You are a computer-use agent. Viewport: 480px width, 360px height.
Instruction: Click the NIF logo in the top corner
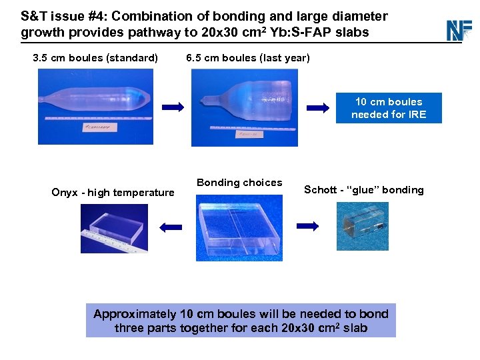[459, 30]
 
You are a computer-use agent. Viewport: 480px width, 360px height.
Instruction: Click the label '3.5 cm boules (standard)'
[95, 58]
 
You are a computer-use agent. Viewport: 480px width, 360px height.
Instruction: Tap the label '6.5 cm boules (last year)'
[248, 58]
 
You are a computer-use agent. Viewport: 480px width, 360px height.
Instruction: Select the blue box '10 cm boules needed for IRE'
[389, 108]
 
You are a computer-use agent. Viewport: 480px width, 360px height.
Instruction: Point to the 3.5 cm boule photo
[95, 106]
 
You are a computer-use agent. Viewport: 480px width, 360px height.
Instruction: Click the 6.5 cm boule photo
[244, 107]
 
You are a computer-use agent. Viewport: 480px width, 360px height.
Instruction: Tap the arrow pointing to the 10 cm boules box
[319, 107]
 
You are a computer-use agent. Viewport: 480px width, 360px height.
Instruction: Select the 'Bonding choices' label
[239, 183]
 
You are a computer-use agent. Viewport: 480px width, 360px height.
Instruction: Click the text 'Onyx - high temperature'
[113, 193]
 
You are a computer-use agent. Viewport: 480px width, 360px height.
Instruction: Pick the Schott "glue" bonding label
[363, 190]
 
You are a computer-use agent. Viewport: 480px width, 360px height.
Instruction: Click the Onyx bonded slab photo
[114, 228]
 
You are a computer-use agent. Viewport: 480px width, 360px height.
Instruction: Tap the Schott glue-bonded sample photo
[362, 226]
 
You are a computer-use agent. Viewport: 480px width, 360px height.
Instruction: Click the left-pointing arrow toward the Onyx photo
[171, 227]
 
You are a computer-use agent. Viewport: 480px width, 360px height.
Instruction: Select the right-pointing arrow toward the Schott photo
[307, 227]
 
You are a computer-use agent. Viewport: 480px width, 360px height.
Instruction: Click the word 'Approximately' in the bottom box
[135, 314]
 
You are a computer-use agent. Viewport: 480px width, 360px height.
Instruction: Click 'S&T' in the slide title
[33, 16]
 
